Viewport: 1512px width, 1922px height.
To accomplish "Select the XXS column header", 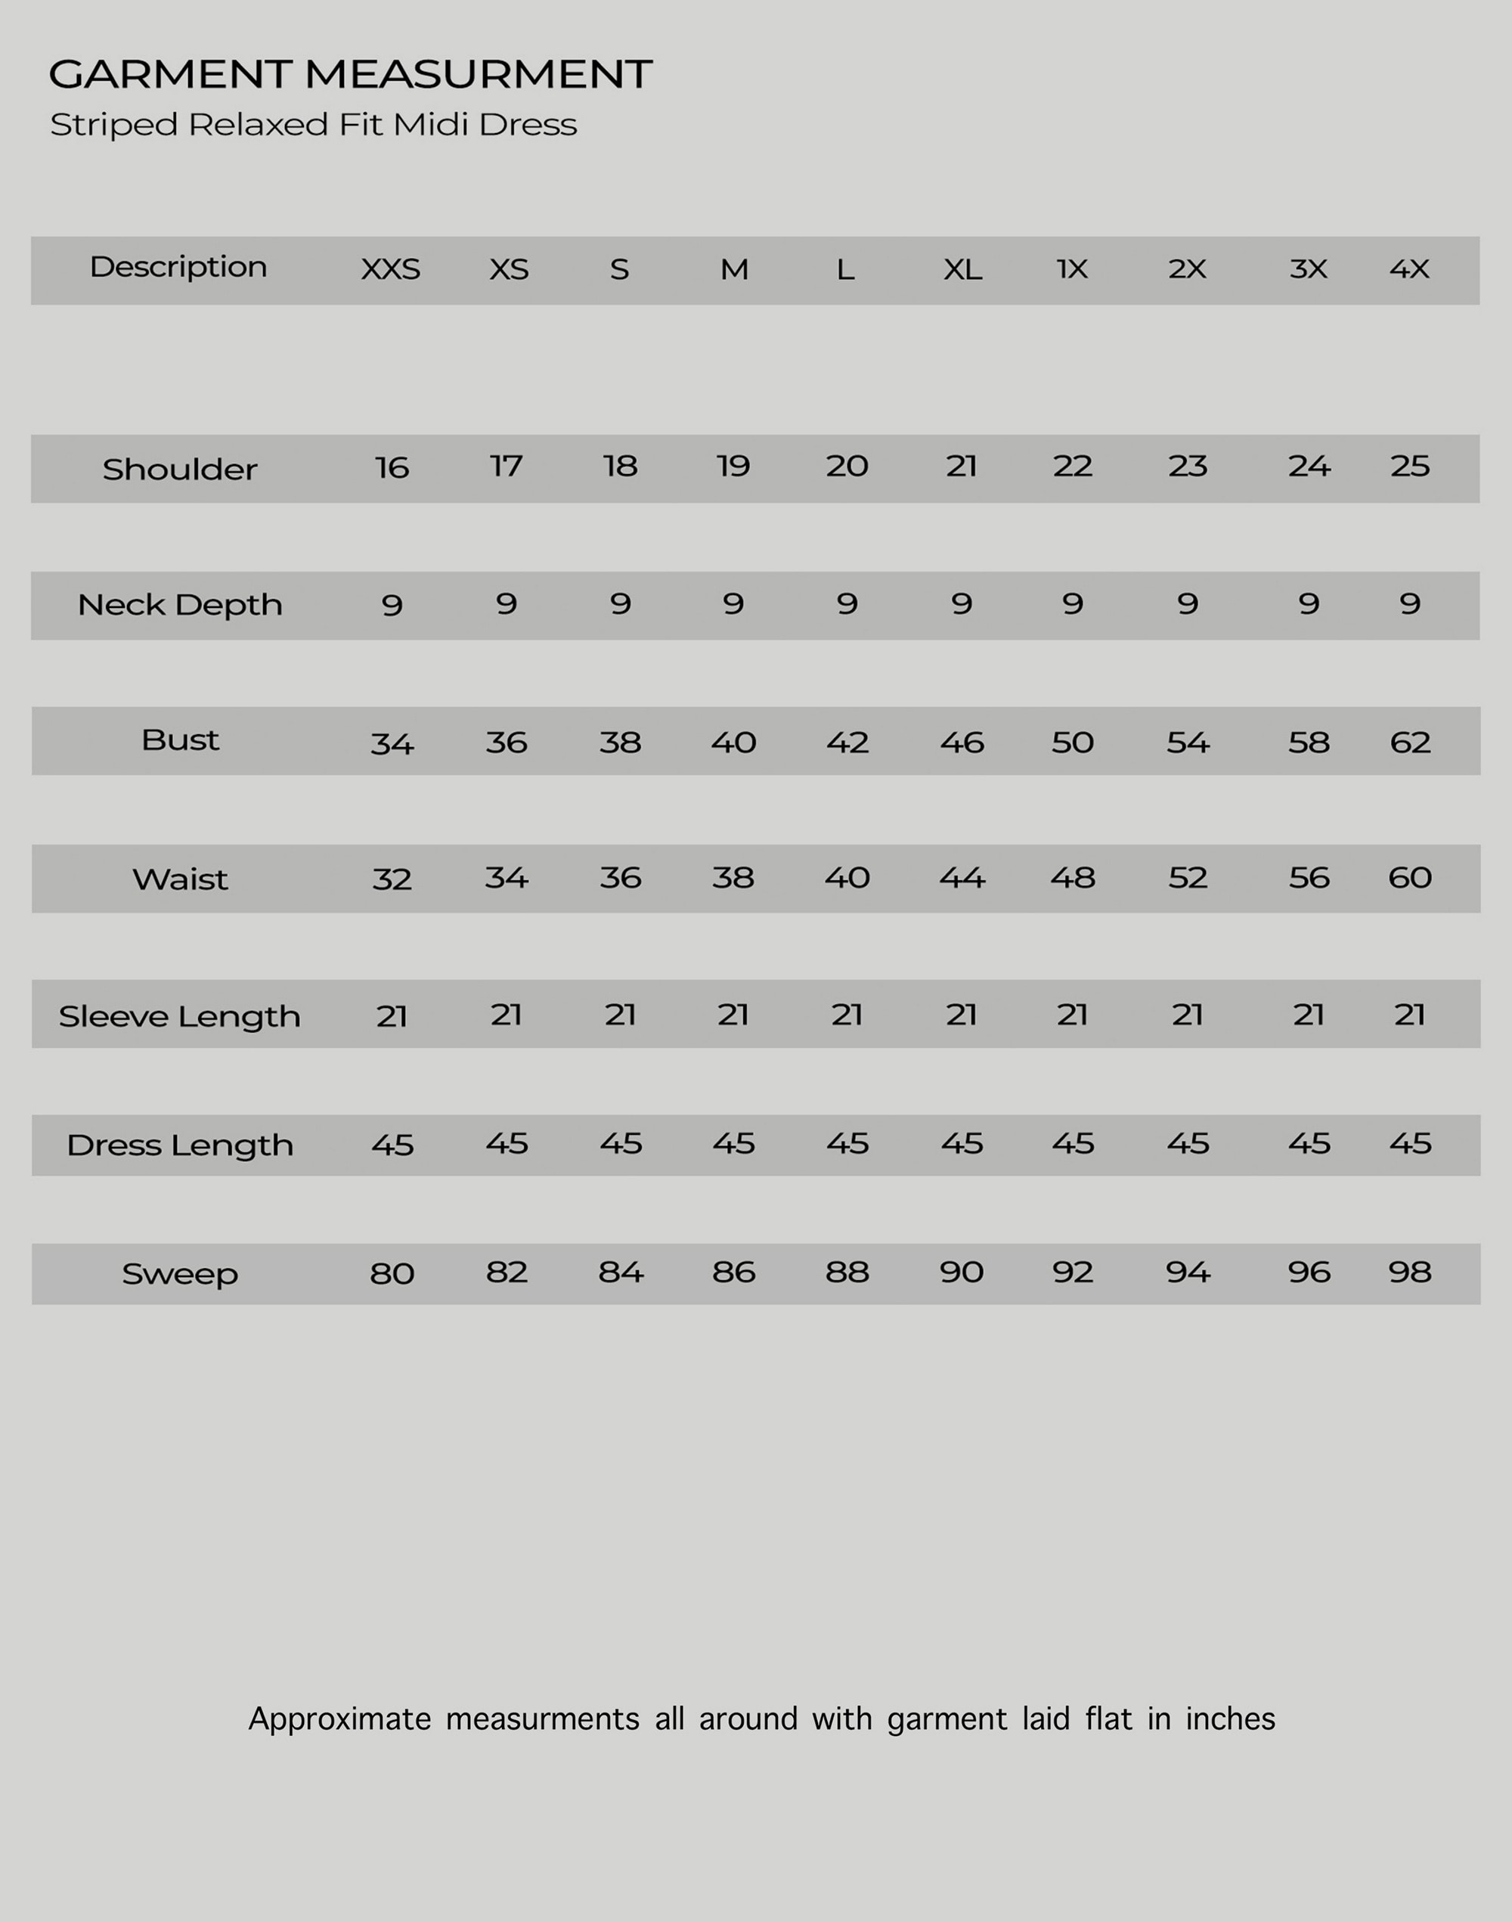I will (x=390, y=269).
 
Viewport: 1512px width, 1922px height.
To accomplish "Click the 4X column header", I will (x=1409, y=269).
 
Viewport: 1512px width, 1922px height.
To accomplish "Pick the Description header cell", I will (x=178, y=268).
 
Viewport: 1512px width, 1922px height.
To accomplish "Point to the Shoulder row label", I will (x=180, y=470).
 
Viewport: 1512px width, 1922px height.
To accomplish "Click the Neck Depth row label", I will (x=180, y=605).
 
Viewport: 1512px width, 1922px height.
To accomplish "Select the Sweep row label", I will (x=180, y=1274).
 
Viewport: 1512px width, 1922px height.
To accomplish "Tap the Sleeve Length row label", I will (x=180, y=1016).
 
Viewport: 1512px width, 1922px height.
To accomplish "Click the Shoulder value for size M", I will (x=733, y=466).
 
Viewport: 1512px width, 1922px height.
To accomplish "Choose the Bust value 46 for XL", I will (x=962, y=742).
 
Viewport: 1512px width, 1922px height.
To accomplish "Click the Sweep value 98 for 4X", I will (x=1409, y=1273).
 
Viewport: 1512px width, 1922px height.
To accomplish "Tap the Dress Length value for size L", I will (x=847, y=1143).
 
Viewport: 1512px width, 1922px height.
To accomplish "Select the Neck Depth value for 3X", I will (x=1309, y=604).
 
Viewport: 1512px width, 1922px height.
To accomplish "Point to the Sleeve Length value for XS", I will (x=507, y=1015).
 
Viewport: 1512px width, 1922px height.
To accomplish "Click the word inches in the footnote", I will (x=1229, y=1719).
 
